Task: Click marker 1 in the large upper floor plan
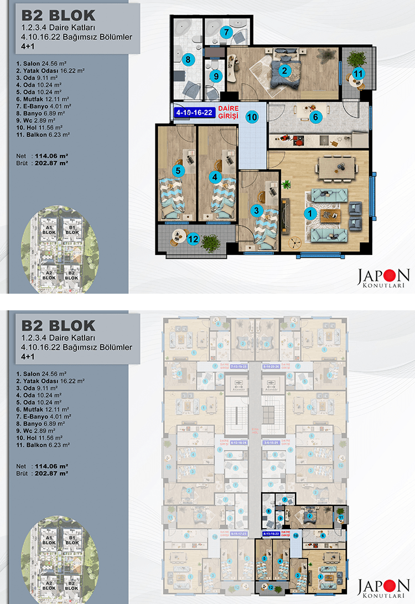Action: click(x=310, y=212)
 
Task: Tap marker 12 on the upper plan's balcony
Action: click(x=193, y=239)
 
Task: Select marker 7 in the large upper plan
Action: click(x=226, y=32)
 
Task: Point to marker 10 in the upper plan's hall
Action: click(x=251, y=117)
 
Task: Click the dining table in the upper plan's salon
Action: click(x=335, y=166)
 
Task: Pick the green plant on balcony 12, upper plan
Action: click(x=210, y=242)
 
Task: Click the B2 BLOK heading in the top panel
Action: click(x=58, y=16)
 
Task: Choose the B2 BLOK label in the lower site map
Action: click(x=70, y=583)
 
